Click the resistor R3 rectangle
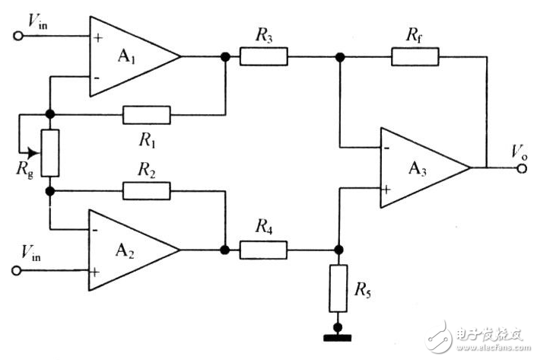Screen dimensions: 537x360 point(264,56)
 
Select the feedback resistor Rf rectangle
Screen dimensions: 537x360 point(415,56)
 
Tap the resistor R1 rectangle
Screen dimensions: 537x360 point(147,115)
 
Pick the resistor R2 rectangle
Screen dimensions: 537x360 point(147,191)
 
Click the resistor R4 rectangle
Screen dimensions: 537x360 point(263,250)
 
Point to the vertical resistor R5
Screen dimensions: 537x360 point(338,288)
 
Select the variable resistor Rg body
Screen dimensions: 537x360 point(50,153)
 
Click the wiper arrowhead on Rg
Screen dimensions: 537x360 point(33,153)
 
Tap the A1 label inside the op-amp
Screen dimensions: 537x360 point(126,56)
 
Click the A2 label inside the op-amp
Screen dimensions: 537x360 point(125,250)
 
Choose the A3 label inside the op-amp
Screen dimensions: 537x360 point(418,168)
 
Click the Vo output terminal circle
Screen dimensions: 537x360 point(522,168)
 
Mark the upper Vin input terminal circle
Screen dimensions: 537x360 point(18,36)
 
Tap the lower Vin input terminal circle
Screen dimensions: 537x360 point(17,271)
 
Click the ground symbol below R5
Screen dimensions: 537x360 point(338,338)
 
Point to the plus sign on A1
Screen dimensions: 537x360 point(98,37)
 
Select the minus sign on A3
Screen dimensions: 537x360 point(387,148)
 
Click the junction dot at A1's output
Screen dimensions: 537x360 point(225,57)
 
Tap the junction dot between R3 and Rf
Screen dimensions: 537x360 point(340,57)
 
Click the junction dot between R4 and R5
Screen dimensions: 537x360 point(338,250)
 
